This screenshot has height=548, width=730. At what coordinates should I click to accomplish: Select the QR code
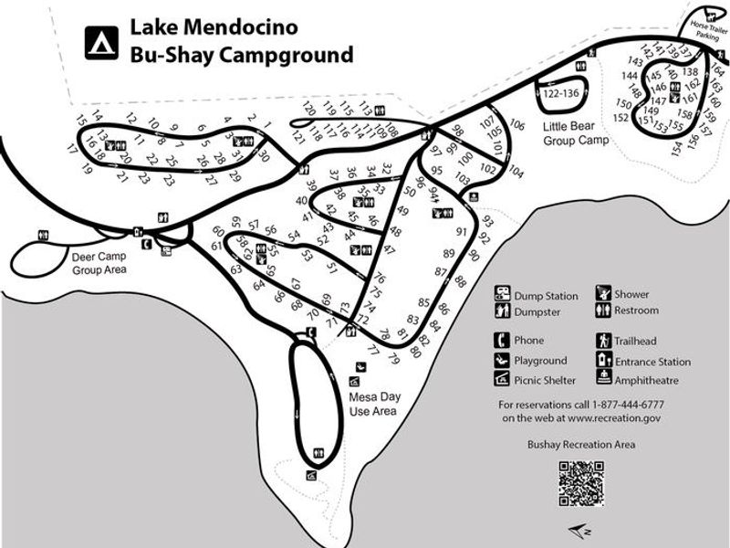pyautogui.click(x=581, y=483)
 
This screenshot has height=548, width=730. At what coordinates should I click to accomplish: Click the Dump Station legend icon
pyautogui.click(x=502, y=294)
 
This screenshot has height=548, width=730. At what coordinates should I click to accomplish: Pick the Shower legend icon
pyautogui.click(x=603, y=293)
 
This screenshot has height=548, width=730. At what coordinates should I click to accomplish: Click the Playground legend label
pyautogui.click(x=540, y=361)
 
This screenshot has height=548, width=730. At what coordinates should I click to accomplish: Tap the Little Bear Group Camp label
pyautogui.click(x=576, y=133)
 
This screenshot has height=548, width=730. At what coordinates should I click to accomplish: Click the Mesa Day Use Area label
pyautogui.click(x=374, y=404)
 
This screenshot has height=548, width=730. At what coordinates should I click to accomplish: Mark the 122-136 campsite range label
pyautogui.click(x=560, y=93)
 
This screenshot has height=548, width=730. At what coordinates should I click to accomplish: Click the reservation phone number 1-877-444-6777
pyautogui.click(x=627, y=404)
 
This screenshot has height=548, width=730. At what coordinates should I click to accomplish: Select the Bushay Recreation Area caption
pyautogui.click(x=581, y=445)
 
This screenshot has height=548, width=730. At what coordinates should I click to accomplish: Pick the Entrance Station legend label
pyautogui.click(x=652, y=361)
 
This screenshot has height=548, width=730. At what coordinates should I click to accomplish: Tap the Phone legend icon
pyautogui.click(x=502, y=341)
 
